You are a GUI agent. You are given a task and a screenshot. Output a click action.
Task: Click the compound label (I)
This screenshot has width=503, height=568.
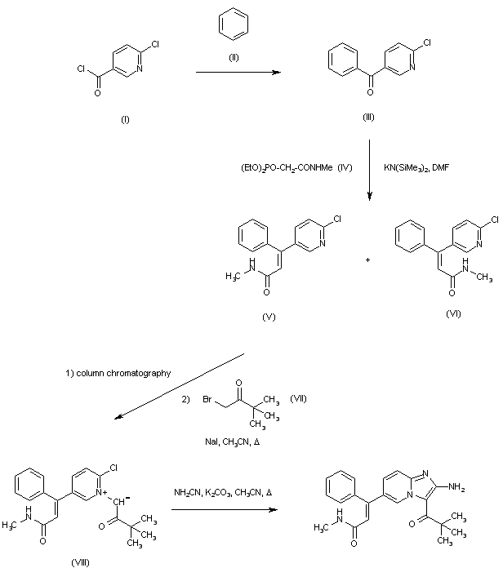(x=125, y=119)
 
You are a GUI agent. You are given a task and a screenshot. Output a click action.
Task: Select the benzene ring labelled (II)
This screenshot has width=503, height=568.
(x=234, y=15)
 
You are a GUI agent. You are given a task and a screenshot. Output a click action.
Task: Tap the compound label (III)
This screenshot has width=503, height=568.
(x=368, y=117)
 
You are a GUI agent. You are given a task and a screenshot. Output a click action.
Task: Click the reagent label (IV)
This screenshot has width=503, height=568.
(x=345, y=167)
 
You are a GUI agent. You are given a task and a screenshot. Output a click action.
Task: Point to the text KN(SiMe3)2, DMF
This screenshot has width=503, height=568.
(x=416, y=168)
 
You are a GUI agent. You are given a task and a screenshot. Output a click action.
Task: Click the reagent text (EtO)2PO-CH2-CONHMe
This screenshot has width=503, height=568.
(x=287, y=168)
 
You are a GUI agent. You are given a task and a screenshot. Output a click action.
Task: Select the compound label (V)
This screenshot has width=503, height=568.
(x=269, y=317)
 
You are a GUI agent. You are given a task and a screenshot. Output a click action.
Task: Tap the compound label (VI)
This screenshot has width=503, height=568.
(x=453, y=313)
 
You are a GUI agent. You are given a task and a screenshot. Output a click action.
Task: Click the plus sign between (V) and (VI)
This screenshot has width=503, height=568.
(x=367, y=260)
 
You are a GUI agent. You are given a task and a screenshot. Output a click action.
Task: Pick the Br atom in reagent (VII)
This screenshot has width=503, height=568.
(x=207, y=399)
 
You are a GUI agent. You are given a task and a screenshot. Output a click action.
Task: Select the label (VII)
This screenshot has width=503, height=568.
(x=298, y=399)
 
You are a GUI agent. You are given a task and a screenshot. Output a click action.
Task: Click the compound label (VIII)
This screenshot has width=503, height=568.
(x=80, y=562)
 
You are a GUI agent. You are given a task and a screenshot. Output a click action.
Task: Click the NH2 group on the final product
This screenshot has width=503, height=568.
(x=456, y=487)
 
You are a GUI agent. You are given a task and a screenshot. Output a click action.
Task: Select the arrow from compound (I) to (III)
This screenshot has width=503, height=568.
(x=238, y=72)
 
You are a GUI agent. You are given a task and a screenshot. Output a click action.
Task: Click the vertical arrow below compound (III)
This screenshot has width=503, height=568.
(x=369, y=170)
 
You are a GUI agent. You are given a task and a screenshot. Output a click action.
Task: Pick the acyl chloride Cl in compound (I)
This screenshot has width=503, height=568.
(x=81, y=69)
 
